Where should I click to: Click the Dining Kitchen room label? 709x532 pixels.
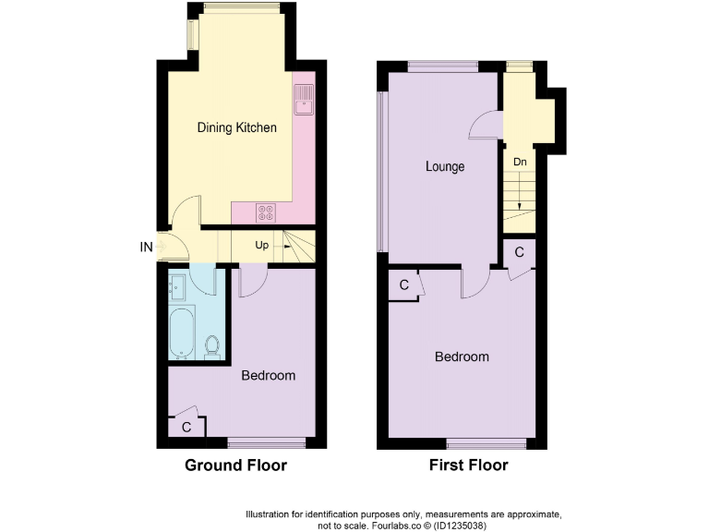237,127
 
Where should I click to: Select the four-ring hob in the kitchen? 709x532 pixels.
266,212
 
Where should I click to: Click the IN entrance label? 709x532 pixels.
146,247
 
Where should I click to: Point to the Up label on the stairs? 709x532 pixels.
263,246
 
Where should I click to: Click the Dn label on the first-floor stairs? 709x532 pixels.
520,163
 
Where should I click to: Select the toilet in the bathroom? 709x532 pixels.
212,346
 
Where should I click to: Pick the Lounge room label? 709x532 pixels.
445,167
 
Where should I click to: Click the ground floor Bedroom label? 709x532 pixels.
268,376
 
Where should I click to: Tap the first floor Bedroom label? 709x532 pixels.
462,357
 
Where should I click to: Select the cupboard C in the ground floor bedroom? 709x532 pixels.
186,427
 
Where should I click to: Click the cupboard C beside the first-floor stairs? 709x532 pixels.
520,251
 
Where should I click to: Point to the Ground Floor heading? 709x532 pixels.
235,465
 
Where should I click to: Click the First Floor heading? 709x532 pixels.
468,465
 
